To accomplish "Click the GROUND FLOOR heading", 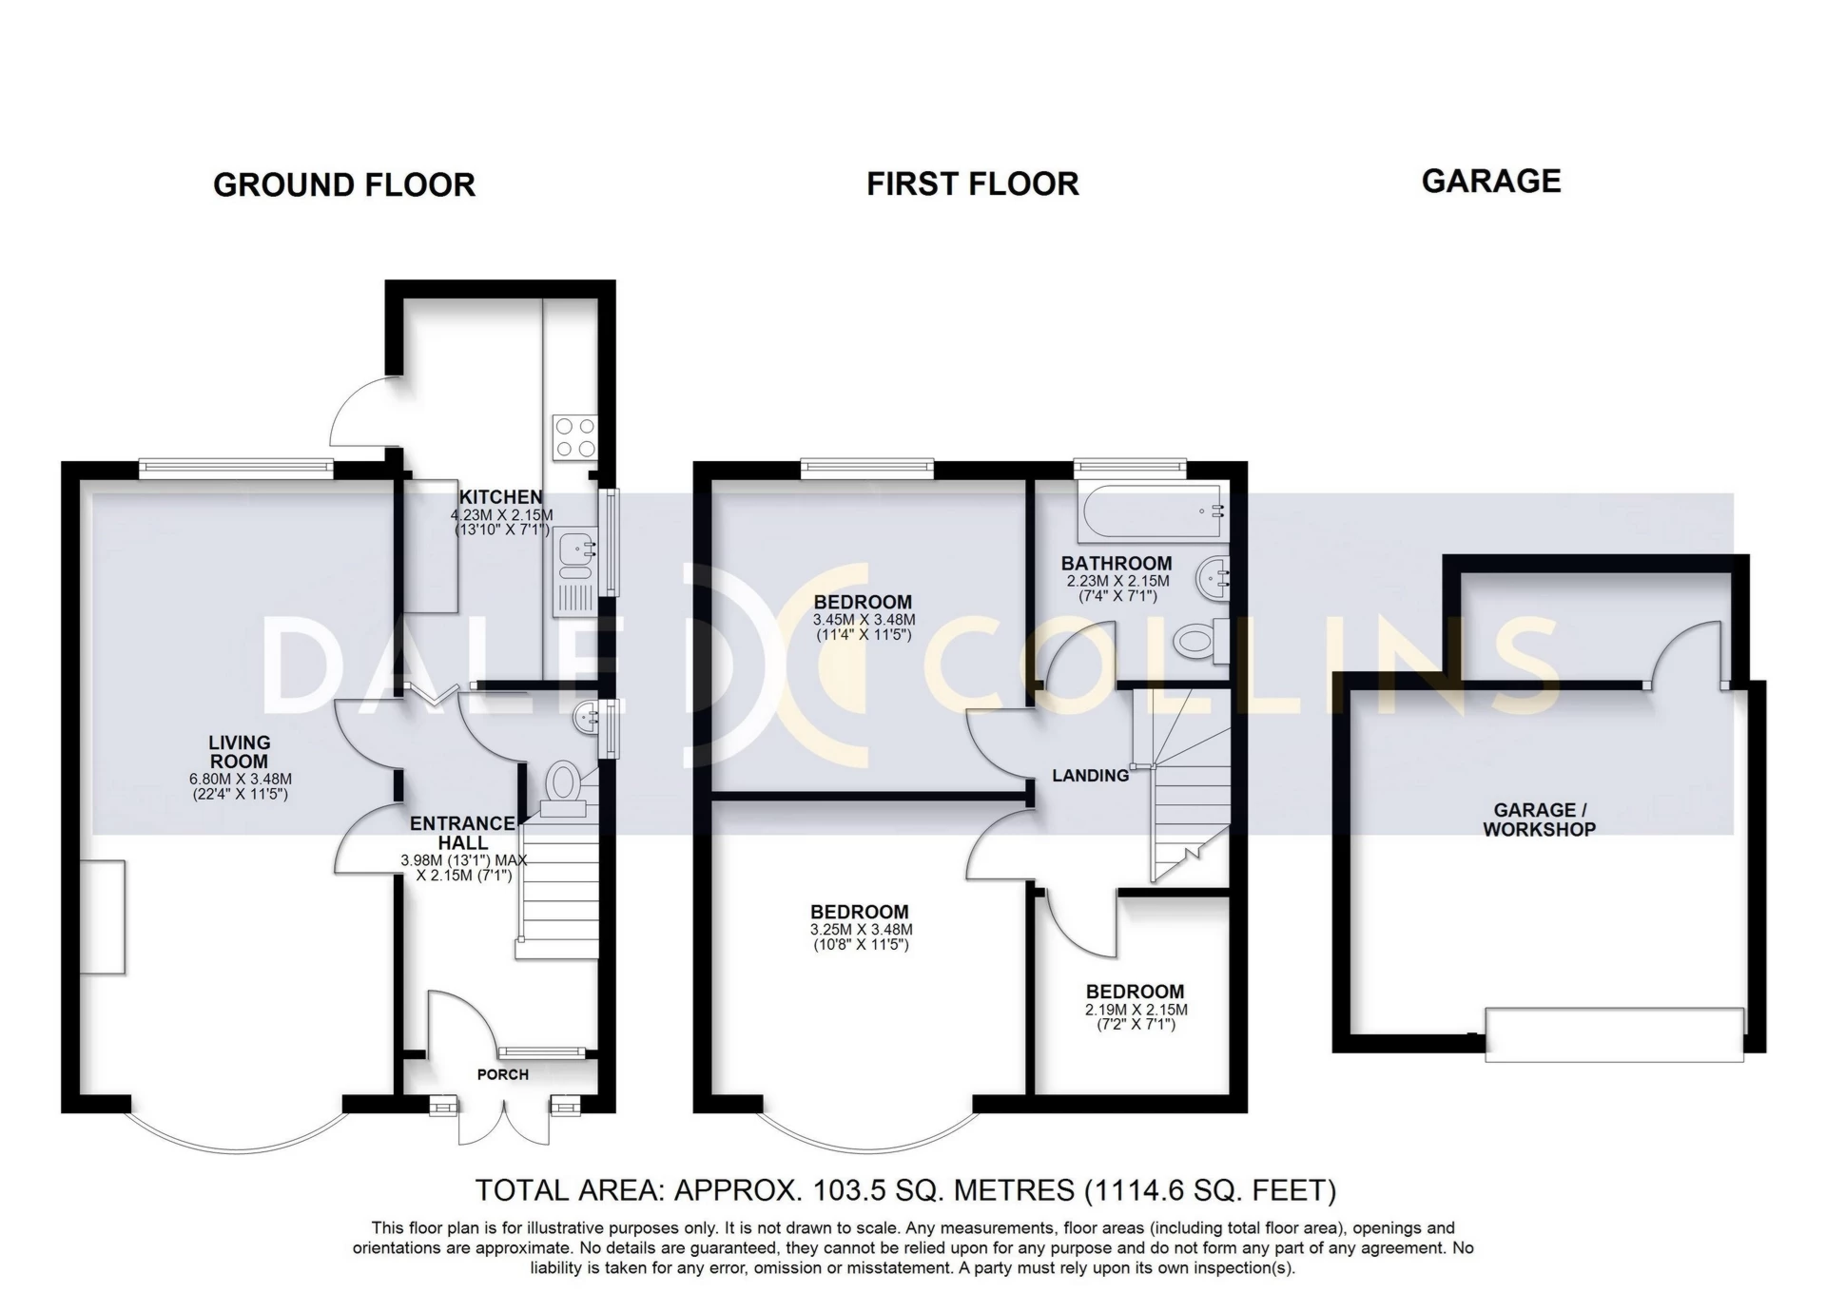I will (x=343, y=184).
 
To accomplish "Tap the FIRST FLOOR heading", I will (x=972, y=183).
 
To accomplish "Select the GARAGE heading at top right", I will (x=1490, y=181).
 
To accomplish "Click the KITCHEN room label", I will (x=500, y=496).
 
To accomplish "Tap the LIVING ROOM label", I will (x=240, y=752).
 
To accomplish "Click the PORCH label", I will (x=502, y=1074).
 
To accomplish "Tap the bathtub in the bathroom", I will (x=1151, y=511).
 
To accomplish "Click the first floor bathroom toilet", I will (x=1195, y=641).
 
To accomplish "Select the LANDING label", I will (x=1090, y=776).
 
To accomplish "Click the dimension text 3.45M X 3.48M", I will (x=863, y=620).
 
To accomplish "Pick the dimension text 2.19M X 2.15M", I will (x=1136, y=1010).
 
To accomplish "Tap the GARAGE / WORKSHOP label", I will (x=1539, y=820).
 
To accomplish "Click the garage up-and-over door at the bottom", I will (x=1614, y=1034).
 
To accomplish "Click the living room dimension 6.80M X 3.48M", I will (x=240, y=780).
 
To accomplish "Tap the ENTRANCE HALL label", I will (x=463, y=833).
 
